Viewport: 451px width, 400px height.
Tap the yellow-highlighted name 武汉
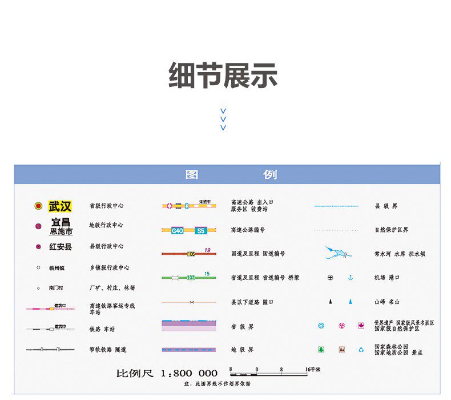pyautogui.click(x=60, y=206)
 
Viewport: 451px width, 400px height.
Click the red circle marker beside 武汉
pyautogui.click(x=38, y=206)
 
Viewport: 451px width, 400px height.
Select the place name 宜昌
pyautogui.click(x=61, y=222)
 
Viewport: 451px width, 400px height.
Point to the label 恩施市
pyautogui.click(x=61, y=232)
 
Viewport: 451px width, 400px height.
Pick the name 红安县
pyautogui.click(x=61, y=247)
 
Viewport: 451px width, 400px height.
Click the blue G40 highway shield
pyautogui.click(x=178, y=231)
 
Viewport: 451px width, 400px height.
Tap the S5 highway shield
pyautogui.click(x=200, y=231)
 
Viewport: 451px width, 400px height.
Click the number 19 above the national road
pyautogui.click(x=207, y=250)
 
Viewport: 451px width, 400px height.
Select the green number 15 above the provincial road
pyautogui.click(x=206, y=274)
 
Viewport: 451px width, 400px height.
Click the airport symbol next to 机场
pyautogui.click(x=330, y=278)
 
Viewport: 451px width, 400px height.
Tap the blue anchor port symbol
pyautogui.click(x=351, y=278)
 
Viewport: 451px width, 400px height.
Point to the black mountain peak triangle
pyautogui.click(x=330, y=301)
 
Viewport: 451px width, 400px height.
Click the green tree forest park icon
pyautogui.click(x=321, y=350)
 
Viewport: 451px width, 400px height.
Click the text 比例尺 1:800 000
pyautogui.click(x=167, y=373)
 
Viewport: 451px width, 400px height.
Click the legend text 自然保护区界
pyautogui.click(x=391, y=230)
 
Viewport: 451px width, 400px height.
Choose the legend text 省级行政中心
pyautogui.click(x=106, y=206)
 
